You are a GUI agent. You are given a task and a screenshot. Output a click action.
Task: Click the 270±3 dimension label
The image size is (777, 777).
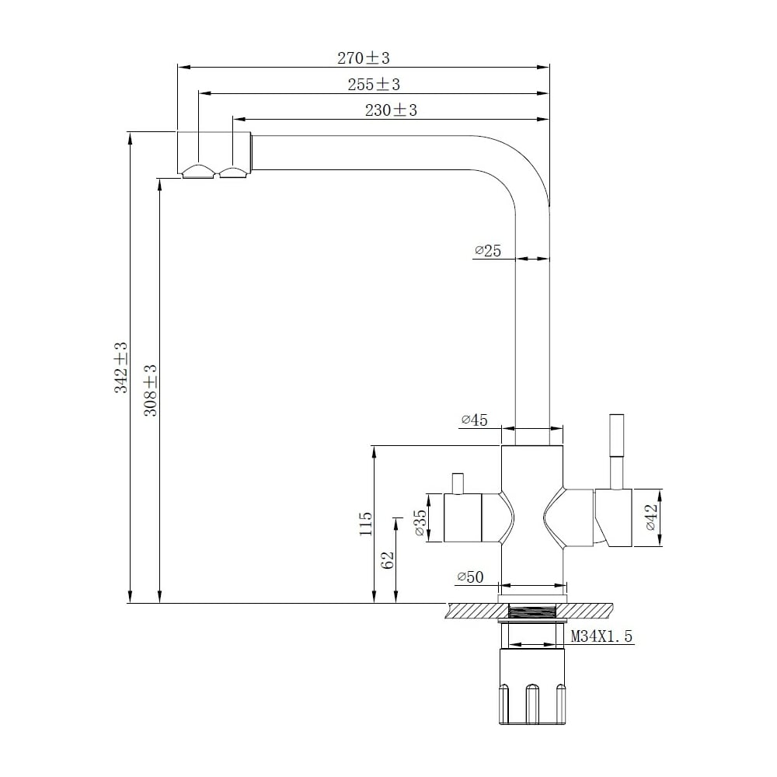(x=363, y=58)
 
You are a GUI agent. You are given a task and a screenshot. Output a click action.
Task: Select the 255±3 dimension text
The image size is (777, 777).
(x=374, y=85)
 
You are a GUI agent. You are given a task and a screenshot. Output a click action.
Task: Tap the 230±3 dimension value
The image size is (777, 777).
(x=391, y=110)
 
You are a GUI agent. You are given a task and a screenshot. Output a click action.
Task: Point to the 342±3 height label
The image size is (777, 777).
(x=121, y=368)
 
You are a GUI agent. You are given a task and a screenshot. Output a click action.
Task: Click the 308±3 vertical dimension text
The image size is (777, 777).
(x=150, y=390)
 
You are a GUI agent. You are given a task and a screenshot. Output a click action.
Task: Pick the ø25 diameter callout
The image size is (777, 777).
(x=488, y=251)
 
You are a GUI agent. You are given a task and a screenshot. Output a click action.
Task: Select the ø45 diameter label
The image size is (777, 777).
(x=474, y=420)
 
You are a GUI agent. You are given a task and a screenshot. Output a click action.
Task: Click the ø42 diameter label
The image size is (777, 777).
(x=652, y=517)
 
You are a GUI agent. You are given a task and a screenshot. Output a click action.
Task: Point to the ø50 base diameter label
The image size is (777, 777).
(x=470, y=577)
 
